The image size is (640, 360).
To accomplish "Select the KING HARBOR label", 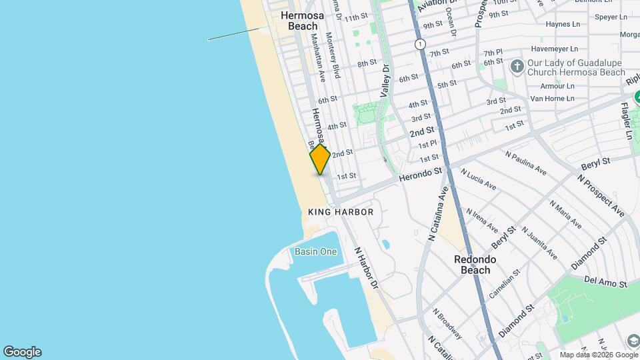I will (x=341, y=212).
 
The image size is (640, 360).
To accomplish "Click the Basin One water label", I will (x=316, y=251).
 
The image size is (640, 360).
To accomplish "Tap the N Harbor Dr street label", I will (x=366, y=268).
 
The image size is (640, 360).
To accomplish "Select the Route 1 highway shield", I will (x=419, y=44).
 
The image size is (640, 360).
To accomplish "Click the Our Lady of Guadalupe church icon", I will (x=517, y=65).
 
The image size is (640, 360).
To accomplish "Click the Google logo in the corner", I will (x=22, y=352).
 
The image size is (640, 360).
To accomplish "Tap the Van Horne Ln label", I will (x=552, y=98).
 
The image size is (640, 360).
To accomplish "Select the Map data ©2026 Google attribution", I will (x=598, y=355).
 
